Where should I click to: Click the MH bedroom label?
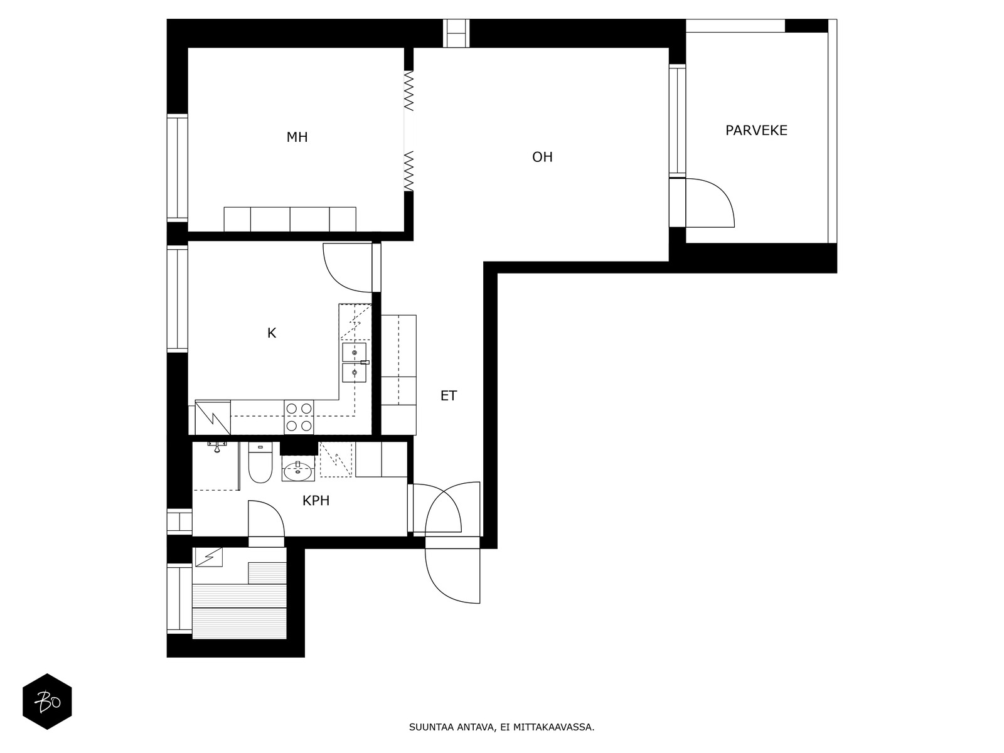click(297, 137)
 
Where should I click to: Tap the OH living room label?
click(542, 158)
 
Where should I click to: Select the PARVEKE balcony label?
click(756, 131)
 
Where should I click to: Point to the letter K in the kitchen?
click(272, 333)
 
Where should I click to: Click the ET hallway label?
click(448, 396)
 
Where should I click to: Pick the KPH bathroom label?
click(316, 501)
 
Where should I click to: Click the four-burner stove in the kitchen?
click(299, 417)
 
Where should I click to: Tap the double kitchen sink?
click(355, 363)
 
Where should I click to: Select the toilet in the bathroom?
click(260, 462)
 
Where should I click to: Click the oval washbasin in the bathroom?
click(298, 471)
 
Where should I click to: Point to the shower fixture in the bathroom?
click(217, 447)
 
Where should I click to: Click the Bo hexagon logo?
click(47, 702)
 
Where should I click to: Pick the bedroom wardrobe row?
click(290, 220)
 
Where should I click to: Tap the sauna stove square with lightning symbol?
click(208, 557)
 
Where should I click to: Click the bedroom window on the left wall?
click(178, 168)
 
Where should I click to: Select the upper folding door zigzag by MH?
click(409, 90)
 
